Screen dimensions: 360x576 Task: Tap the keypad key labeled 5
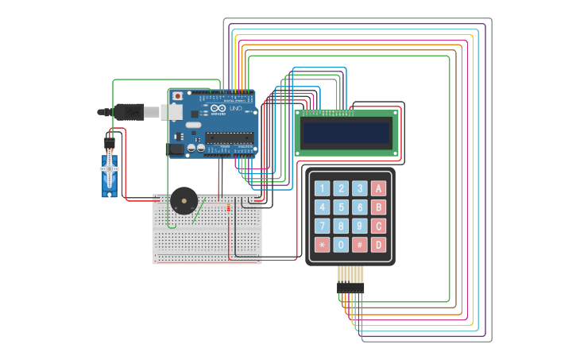coord(341,207)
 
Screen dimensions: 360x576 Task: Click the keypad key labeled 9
coord(360,226)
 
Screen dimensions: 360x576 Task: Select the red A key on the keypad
coord(379,188)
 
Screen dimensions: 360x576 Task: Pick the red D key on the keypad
coord(379,245)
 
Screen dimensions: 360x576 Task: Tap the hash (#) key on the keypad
coord(360,245)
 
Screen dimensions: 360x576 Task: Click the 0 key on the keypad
coord(341,245)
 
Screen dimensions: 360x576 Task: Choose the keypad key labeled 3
coord(360,188)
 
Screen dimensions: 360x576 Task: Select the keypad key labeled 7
coord(322,226)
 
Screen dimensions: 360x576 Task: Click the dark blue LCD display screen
coord(347,133)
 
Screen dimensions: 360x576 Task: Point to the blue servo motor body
coord(109,174)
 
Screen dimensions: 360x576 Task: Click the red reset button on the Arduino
coord(177,96)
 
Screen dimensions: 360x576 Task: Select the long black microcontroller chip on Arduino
coord(230,137)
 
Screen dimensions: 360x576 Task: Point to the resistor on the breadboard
coord(229,209)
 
